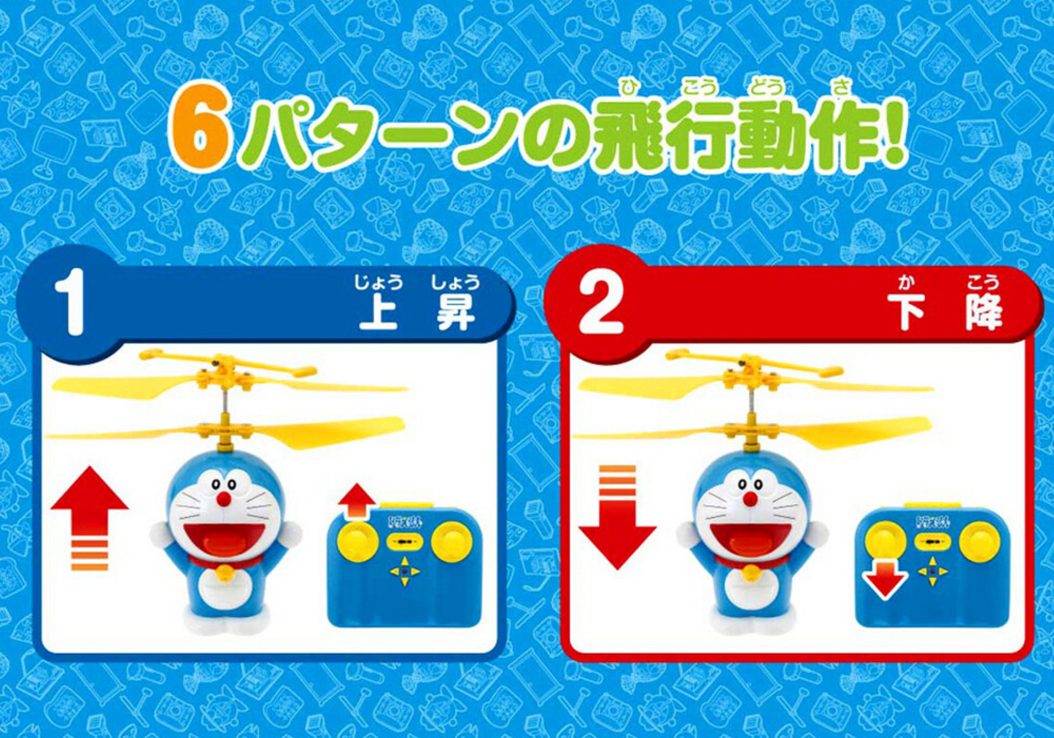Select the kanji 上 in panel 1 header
click(x=378, y=312)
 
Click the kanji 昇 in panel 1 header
click(x=455, y=312)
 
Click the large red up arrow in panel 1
click(x=90, y=518)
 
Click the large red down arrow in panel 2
click(x=617, y=518)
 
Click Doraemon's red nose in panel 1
click(x=225, y=499)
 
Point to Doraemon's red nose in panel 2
click(x=751, y=499)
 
